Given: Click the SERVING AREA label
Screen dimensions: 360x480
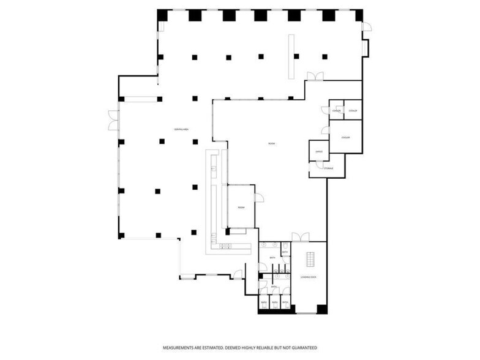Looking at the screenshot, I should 181,129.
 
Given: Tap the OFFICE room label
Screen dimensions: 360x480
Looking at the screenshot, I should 318,151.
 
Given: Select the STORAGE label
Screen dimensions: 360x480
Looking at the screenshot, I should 329,167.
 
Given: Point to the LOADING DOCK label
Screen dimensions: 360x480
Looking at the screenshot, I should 308,277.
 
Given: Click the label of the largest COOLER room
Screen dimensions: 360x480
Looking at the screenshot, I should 345,138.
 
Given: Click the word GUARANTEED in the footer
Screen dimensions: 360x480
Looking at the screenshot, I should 302,348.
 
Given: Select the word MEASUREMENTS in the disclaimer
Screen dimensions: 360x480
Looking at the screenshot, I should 180,348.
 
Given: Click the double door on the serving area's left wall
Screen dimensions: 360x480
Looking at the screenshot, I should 114,120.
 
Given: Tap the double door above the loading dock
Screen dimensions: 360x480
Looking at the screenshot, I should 300,237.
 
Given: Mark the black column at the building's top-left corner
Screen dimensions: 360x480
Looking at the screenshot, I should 162,15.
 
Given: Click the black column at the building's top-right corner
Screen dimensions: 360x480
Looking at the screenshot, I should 359,15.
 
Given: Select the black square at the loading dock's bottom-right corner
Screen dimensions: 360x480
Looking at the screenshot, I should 322,309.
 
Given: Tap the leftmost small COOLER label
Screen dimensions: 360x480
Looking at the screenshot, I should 337,110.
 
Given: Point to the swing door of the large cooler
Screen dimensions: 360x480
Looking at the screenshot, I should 326,130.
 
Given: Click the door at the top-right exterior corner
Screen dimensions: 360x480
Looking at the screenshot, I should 366,27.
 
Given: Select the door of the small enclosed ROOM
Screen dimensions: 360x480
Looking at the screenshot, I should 259,198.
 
